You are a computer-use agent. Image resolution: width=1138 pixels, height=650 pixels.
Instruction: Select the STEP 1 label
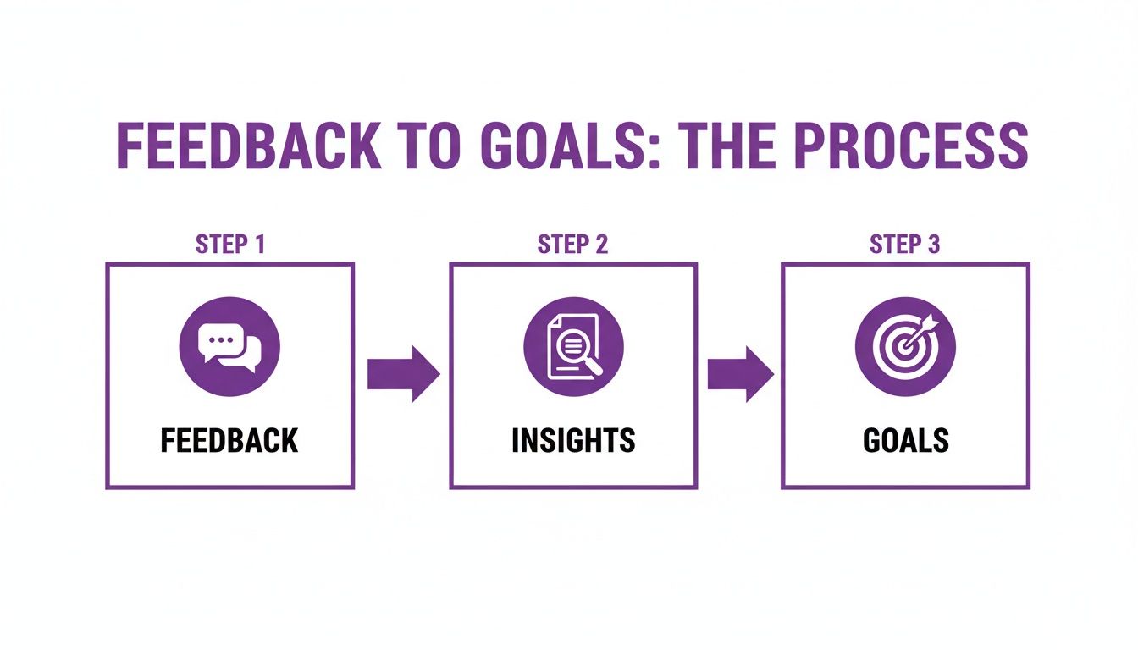(x=229, y=245)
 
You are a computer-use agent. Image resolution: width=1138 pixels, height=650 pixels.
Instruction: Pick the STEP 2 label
(x=572, y=245)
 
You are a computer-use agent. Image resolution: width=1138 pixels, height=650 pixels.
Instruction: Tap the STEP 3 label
(x=904, y=245)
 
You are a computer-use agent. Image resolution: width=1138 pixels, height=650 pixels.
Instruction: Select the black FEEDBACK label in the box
(x=229, y=441)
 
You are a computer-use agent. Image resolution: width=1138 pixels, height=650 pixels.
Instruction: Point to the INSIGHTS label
(x=573, y=441)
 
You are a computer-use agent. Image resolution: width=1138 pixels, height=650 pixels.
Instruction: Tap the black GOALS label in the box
(x=905, y=441)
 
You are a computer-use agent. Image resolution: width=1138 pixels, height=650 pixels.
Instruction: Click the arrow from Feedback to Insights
(x=402, y=373)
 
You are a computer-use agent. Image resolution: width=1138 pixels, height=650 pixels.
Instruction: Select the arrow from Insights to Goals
(x=739, y=373)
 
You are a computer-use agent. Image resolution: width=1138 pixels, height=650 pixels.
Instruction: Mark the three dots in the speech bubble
(x=219, y=339)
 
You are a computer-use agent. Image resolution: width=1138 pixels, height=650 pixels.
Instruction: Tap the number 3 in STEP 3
(x=933, y=245)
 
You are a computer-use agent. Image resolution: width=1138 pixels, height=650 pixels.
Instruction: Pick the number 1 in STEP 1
(x=259, y=245)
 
